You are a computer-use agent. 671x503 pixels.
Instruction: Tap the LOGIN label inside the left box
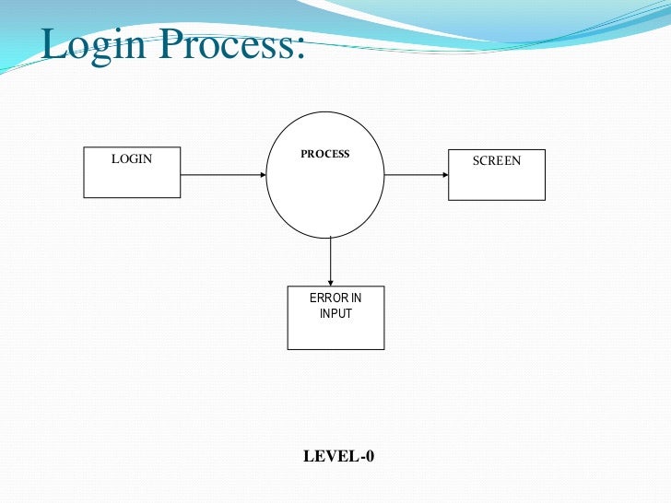(x=132, y=159)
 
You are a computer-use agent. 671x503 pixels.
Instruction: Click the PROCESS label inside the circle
(x=325, y=154)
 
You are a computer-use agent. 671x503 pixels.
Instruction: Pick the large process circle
(x=325, y=198)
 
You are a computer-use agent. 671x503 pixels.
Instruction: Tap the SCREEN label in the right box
(x=497, y=161)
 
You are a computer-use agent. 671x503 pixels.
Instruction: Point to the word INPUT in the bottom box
(x=335, y=313)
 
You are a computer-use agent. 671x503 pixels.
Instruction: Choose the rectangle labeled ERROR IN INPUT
(x=335, y=332)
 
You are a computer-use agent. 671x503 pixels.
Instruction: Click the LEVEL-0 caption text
(x=338, y=456)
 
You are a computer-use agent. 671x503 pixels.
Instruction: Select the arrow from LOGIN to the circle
(x=221, y=174)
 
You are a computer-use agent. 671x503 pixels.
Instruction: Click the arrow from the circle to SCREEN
(x=415, y=174)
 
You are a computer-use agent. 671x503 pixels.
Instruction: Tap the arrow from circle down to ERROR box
(x=330, y=260)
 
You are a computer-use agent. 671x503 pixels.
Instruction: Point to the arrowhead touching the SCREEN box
(x=443, y=174)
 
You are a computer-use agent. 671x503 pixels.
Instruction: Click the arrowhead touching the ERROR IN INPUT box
(x=330, y=281)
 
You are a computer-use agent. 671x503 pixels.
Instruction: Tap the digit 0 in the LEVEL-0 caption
(x=369, y=456)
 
